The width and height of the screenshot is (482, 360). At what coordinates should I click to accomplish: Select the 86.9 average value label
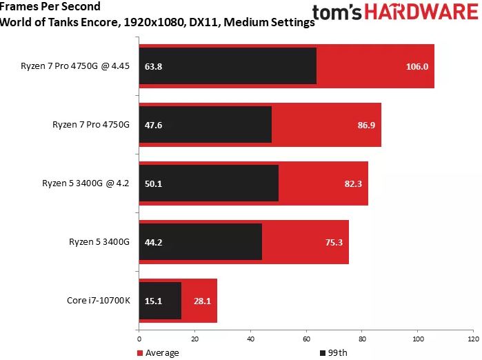(364, 126)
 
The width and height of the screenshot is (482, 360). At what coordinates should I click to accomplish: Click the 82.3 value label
(351, 184)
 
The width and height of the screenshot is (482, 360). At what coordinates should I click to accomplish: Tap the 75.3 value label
(332, 242)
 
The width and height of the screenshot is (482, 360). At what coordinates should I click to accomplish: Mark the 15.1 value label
(153, 301)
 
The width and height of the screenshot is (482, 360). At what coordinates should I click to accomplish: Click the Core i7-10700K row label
(98, 301)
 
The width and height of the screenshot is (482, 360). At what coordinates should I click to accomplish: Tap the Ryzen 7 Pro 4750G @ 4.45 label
(76, 67)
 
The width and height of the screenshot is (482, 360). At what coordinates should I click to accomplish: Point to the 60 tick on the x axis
(306, 339)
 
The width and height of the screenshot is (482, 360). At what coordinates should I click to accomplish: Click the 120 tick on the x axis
(472, 339)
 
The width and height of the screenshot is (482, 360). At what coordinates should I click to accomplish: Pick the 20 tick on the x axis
(195, 339)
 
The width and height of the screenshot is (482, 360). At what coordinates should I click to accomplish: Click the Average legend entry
(159, 353)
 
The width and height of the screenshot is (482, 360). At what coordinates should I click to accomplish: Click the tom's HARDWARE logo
(396, 13)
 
